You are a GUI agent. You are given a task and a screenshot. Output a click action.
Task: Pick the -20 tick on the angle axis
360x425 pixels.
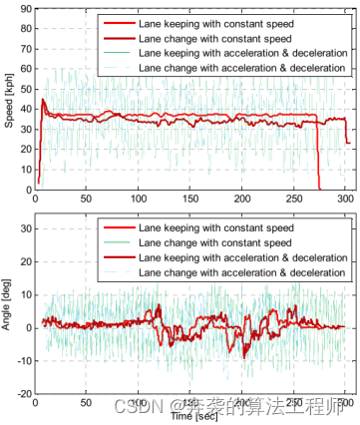point(22,393)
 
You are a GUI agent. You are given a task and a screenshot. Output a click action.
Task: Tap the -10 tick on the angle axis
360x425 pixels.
point(22,360)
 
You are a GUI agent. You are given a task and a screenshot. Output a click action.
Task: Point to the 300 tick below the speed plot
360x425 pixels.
point(344,200)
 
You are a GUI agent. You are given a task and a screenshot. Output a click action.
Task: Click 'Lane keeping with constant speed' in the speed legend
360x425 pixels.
point(215,22)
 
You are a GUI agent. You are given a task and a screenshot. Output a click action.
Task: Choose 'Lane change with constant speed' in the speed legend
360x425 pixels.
point(214,37)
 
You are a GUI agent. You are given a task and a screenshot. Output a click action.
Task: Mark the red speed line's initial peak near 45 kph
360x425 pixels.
point(42,100)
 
